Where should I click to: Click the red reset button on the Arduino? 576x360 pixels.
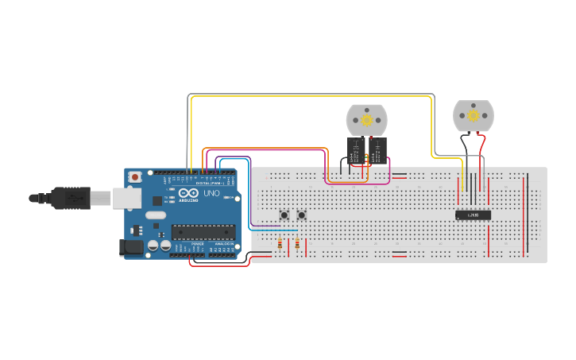(135, 176)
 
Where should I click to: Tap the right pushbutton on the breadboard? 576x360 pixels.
(302, 215)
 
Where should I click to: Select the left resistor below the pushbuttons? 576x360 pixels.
(279, 243)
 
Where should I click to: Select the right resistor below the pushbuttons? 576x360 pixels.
(297, 243)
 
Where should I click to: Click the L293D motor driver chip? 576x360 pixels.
(473, 215)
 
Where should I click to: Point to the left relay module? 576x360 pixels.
(355, 150)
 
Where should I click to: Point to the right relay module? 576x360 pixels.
(377, 150)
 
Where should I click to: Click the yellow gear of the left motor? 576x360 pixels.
(366, 120)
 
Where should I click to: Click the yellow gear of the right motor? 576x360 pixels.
(474, 116)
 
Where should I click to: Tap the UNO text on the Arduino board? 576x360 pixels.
(211, 193)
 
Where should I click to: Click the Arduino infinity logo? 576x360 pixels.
(188, 193)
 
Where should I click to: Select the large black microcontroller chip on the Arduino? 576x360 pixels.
(203, 232)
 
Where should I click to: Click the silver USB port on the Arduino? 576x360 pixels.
(127, 198)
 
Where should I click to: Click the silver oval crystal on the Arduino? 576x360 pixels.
(156, 215)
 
